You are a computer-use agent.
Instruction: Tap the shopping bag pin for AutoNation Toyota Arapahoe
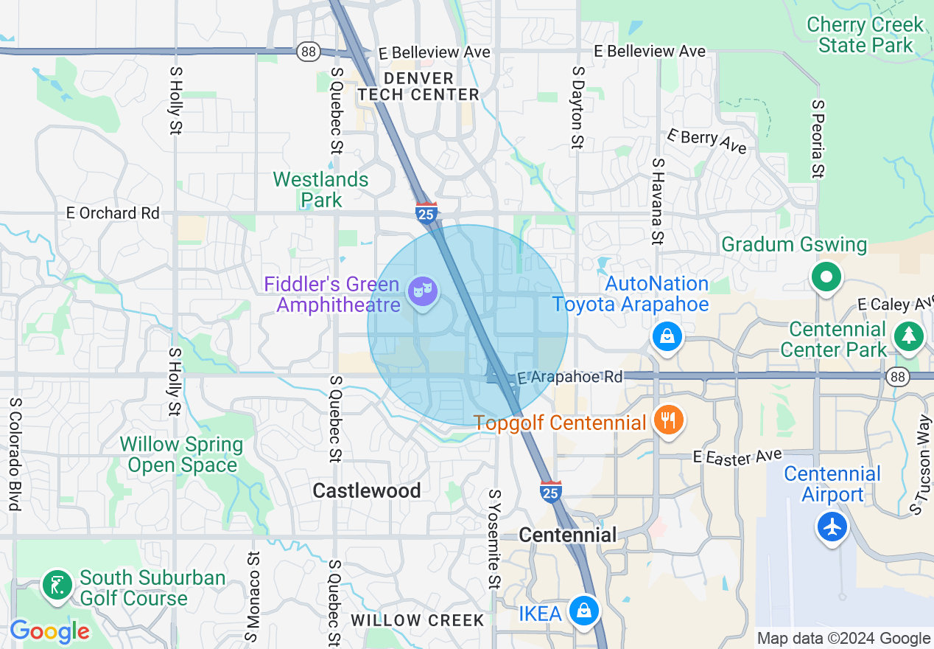click(667, 337)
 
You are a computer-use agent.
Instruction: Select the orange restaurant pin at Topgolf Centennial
click(668, 421)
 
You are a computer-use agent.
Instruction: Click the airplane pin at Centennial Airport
click(832, 527)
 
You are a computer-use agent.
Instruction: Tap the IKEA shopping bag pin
click(583, 611)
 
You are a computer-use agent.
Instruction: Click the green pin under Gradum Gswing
click(826, 278)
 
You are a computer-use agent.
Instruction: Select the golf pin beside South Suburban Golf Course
click(57, 586)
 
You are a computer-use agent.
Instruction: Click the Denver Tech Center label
click(418, 86)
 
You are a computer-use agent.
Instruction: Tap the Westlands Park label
click(320, 190)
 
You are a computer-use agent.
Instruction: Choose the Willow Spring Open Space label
click(181, 454)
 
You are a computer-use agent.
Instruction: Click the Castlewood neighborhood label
click(367, 490)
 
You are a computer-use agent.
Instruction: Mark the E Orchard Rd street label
click(113, 213)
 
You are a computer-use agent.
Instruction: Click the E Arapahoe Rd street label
click(569, 377)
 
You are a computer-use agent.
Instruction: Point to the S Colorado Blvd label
click(14, 455)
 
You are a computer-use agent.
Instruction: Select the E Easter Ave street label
click(737, 457)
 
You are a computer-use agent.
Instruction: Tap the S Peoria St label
click(816, 139)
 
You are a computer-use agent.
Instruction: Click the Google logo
click(49, 631)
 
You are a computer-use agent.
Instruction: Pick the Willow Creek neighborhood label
click(418, 620)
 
